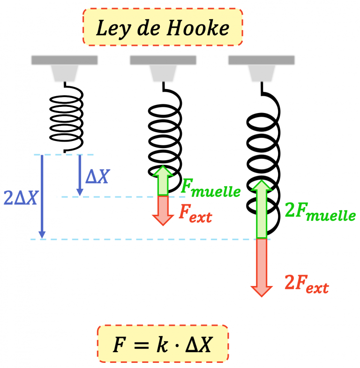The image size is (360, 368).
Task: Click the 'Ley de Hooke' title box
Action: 163,28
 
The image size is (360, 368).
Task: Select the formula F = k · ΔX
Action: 163,345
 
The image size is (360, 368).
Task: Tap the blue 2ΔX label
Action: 20,198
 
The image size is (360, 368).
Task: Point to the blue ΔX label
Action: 97,176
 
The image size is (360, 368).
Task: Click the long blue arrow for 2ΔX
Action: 42,196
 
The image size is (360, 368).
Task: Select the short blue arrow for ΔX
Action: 80,175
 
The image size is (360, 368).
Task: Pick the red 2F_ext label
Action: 306,284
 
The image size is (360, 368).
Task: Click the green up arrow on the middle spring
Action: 162,181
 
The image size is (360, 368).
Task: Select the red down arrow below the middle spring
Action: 162,210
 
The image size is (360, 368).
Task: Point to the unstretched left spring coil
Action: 67,117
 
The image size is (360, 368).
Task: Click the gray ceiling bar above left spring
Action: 64,60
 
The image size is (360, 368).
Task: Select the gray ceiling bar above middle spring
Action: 163,60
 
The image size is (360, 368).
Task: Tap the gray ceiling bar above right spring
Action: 261,60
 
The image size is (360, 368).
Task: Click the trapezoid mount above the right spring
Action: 261,73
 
